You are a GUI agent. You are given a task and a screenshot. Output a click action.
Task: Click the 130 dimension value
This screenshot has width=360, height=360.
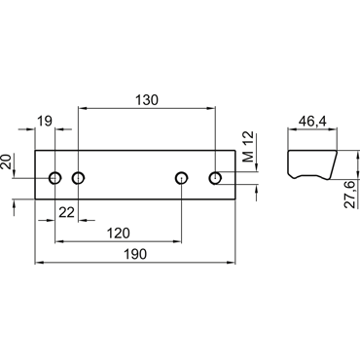(147, 100)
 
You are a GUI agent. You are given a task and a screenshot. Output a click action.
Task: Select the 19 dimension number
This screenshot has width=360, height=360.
(45, 122)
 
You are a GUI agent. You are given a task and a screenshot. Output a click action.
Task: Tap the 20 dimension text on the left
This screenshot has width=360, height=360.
(7, 162)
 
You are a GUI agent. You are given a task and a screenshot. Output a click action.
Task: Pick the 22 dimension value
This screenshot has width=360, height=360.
(67, 213)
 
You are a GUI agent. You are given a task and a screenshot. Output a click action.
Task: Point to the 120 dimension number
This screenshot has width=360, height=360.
(119, 233)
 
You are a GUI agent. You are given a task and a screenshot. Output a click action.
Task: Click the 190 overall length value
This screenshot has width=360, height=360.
(135, 254)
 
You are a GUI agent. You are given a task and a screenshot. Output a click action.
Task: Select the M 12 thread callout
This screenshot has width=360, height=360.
(249, 147)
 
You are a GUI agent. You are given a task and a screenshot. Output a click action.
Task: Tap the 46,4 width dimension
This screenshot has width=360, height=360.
(312, 122)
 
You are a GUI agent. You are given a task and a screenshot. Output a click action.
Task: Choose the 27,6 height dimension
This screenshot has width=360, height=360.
(349, 195)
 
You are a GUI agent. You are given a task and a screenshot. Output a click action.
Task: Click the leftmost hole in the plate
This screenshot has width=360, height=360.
(55, 178)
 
